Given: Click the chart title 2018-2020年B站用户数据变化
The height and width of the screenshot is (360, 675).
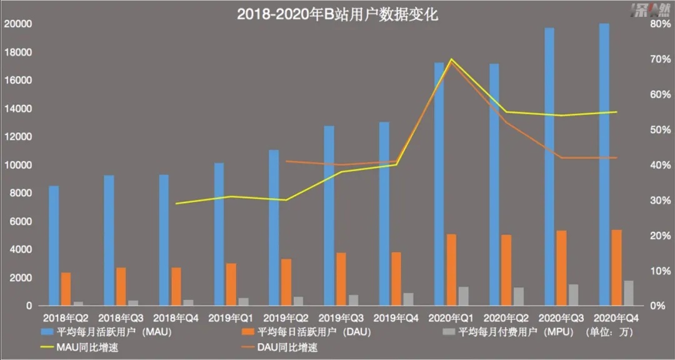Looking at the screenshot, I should pyautogui.click(x=337, y=14).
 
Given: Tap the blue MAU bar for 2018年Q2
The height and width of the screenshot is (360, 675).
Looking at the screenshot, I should pyautogui.click(x=54, y=246).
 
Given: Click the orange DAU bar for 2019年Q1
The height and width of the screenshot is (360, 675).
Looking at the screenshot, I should pyautogui.click(x=231, y=284).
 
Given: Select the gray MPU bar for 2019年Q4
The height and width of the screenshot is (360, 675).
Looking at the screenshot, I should pyautogui.click(x=407, y=299).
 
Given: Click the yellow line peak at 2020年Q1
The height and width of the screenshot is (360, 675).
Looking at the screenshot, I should pyautogui.click(x=451, y=59).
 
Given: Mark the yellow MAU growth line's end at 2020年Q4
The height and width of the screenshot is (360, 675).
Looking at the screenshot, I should pyautogui.click(x=616, y=112).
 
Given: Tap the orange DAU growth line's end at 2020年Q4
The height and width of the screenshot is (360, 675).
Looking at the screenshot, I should pyautogui.click(x=616, y=157).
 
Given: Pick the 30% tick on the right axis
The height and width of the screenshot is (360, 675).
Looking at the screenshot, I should pyautogui.click(x=654, y=201).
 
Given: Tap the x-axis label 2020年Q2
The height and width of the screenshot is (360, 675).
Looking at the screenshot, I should pyautogui.click(x=506, y=318).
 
